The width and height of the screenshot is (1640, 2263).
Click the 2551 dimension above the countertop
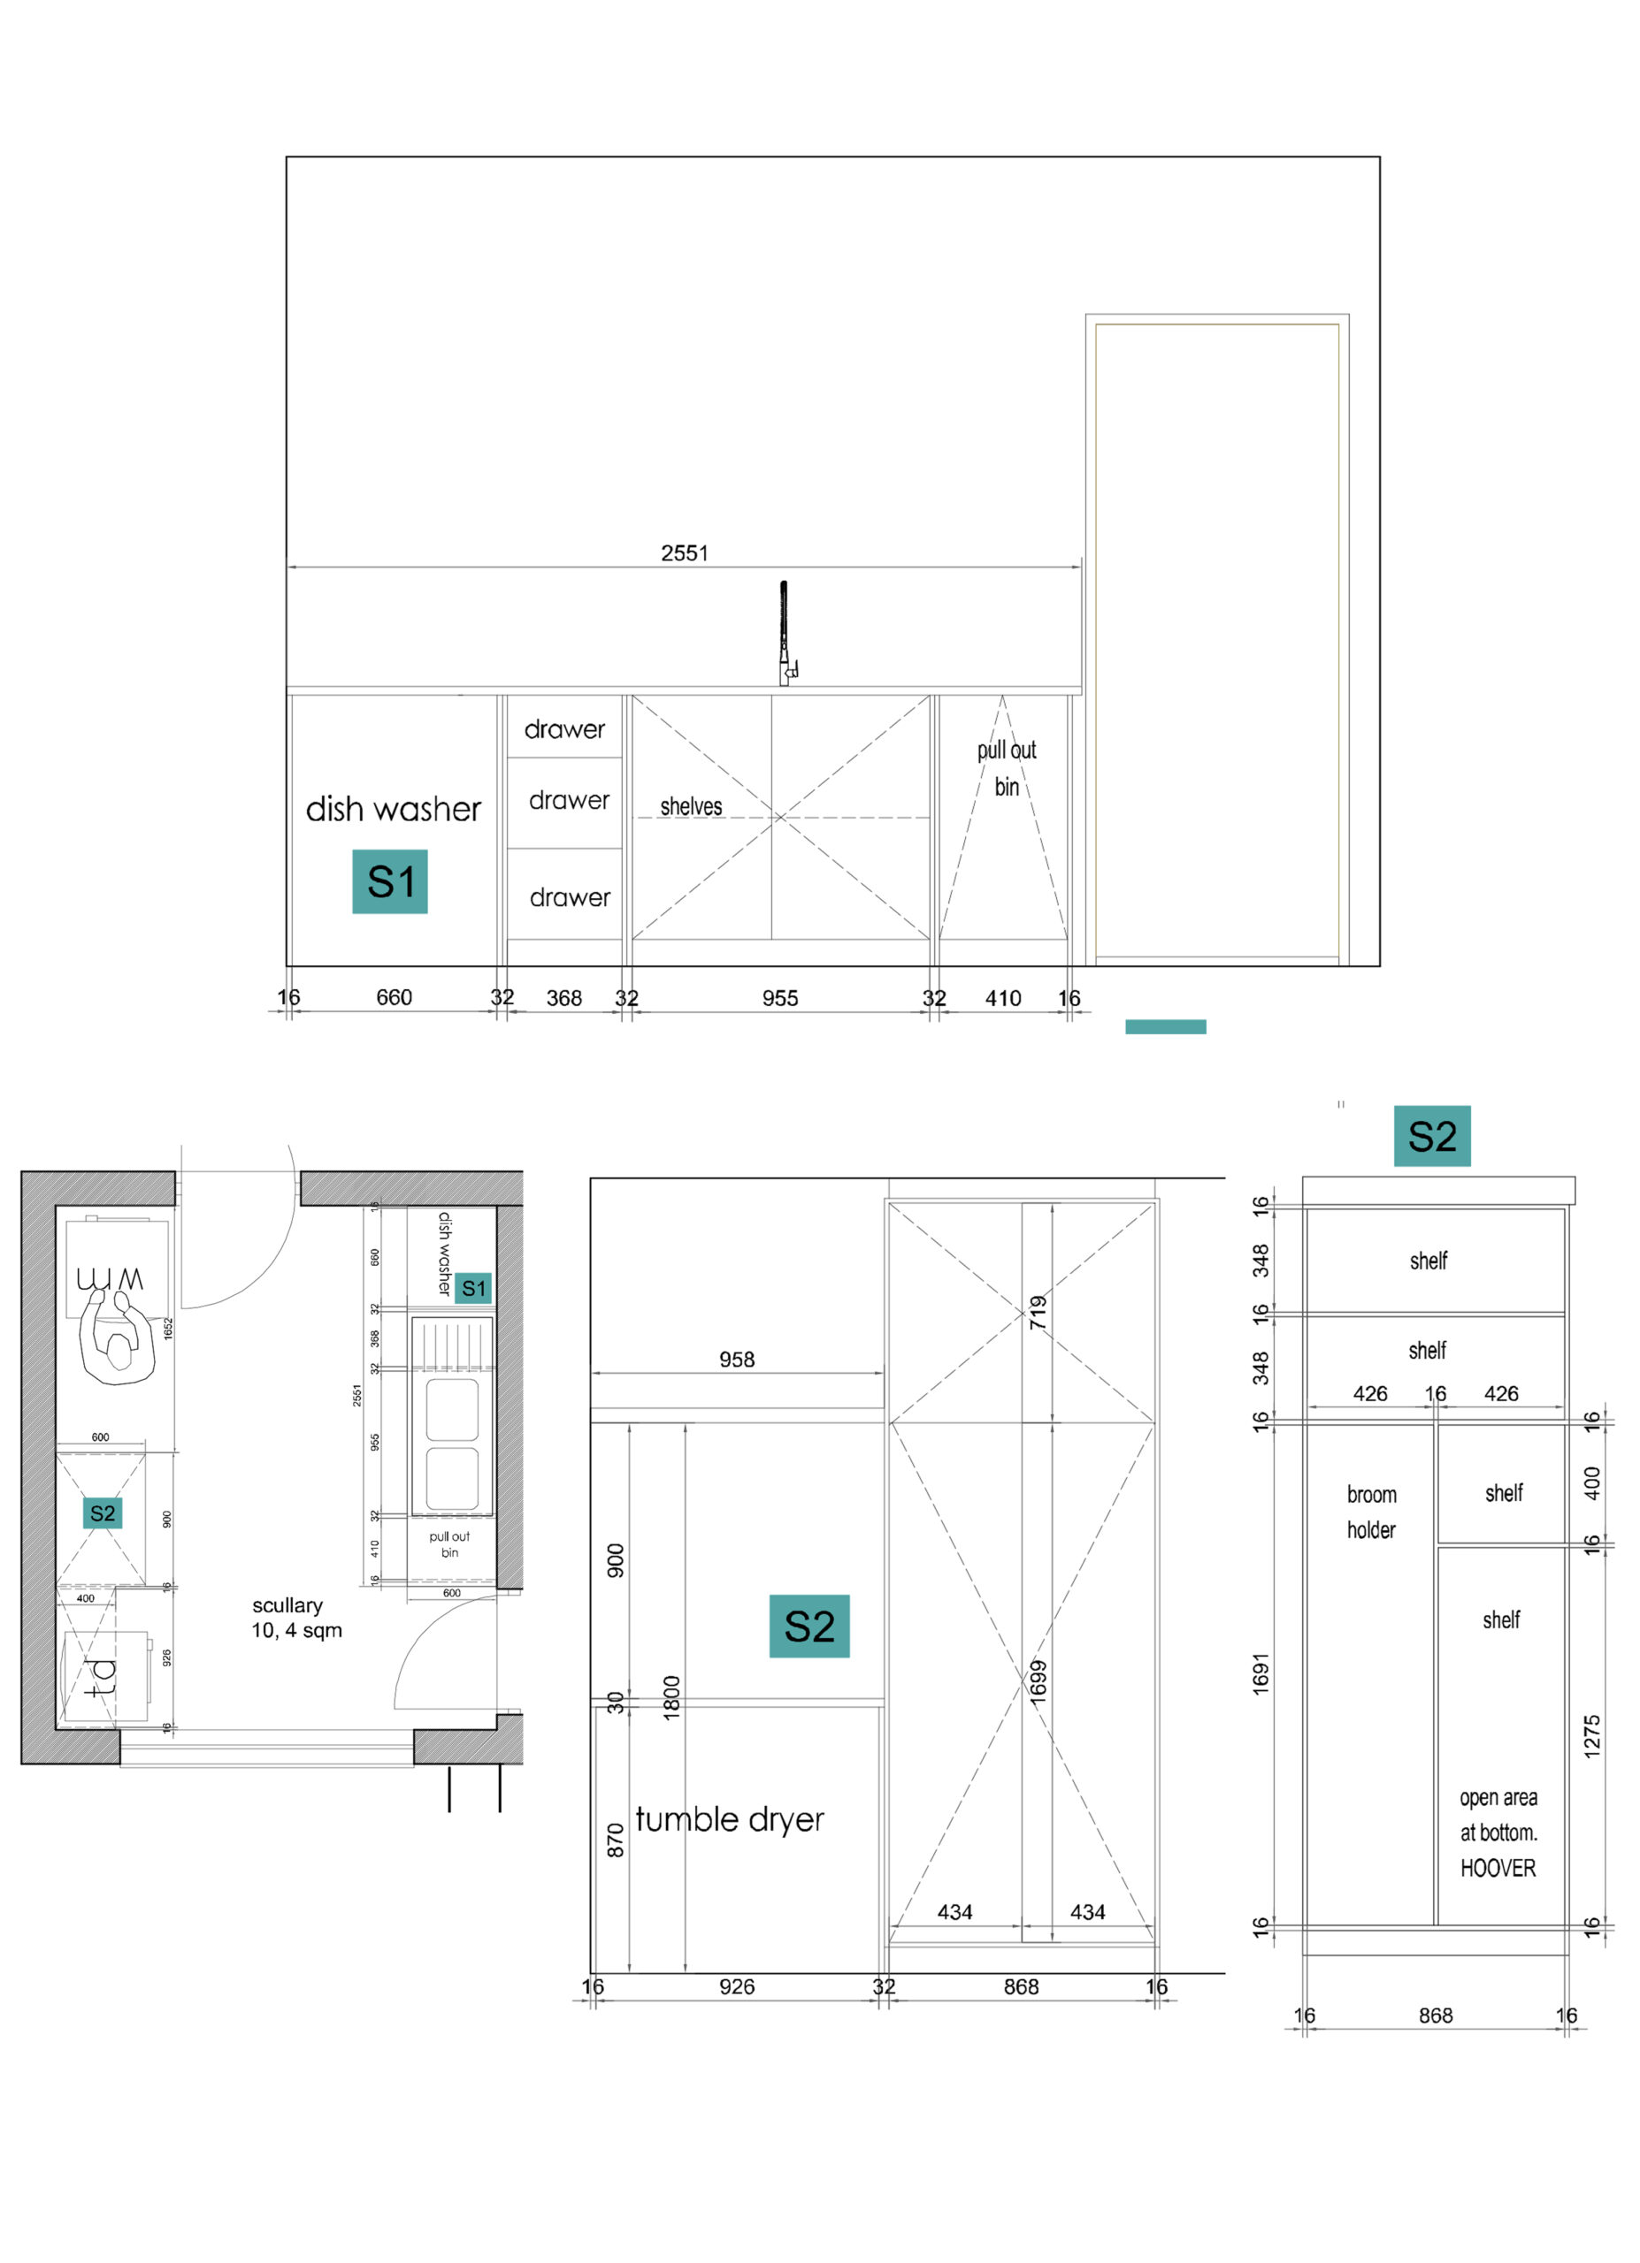tap(684, 552)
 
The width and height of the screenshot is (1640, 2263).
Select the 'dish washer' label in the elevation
tap(394, 808)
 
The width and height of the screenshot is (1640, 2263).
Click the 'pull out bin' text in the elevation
tap(1006, 767)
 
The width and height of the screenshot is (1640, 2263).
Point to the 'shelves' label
tap(691, 806)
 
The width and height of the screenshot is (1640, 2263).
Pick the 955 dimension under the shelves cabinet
tap(779, 998)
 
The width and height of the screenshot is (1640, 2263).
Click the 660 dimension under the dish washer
tap(395, 997)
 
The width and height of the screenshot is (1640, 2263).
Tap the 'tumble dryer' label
tap(730, 1820)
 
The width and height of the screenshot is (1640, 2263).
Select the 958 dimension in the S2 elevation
tap(737, 1359)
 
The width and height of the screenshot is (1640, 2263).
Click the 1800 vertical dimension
tap(671, 1696)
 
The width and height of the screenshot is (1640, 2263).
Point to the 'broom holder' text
tap(1371, 1512)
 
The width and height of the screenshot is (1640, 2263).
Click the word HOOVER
tap(1498, 1868)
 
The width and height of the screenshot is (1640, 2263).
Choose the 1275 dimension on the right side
tap(1592, 1736)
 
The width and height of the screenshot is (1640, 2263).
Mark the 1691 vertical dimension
tap(1261, 1673)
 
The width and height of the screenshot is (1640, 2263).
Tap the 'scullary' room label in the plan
tap(287, 1605)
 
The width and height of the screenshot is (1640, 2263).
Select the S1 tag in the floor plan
tap(473, 1288)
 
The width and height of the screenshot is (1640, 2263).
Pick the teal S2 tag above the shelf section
tap(1431, 1136)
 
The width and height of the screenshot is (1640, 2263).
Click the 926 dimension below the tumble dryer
tap(737, 1986)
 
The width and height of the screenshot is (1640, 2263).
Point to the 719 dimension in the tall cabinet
tap(1038, 1312)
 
